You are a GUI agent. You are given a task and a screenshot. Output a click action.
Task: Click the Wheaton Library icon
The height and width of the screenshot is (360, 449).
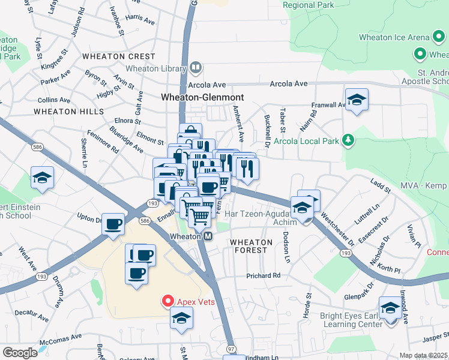(196, 68)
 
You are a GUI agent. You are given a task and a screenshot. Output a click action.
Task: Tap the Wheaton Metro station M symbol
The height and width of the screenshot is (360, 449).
(208, 236)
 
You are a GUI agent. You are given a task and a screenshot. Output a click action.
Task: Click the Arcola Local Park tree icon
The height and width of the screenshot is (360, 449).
(348, 142)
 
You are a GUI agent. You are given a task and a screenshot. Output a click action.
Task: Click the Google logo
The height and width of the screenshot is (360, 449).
(20, 353)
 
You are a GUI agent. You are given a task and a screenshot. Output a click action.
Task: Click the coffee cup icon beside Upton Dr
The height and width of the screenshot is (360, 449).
(113, 224)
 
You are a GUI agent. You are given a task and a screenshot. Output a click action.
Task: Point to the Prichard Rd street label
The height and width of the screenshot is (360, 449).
(263, 276)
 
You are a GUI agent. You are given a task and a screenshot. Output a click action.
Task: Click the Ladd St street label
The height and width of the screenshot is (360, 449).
(381, 186)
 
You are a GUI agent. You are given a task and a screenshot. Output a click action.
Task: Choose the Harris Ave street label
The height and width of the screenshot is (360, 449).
(140, 19)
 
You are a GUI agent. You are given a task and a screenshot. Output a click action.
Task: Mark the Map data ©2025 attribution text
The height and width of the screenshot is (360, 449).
(423, 355)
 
